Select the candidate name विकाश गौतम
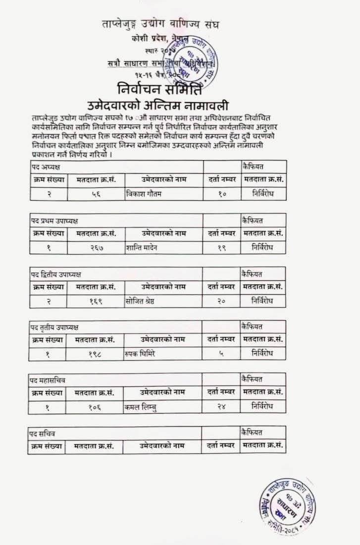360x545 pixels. coord(144,194)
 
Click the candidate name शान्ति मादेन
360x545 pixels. coord(142,247)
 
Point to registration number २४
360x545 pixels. coord(221,406)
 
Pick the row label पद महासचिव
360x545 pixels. coord(48,380)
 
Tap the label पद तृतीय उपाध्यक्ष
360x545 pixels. coord(53,327)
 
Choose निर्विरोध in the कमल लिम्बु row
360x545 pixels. coord(262,406)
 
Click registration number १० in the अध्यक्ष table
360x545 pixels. coord(221,194)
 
